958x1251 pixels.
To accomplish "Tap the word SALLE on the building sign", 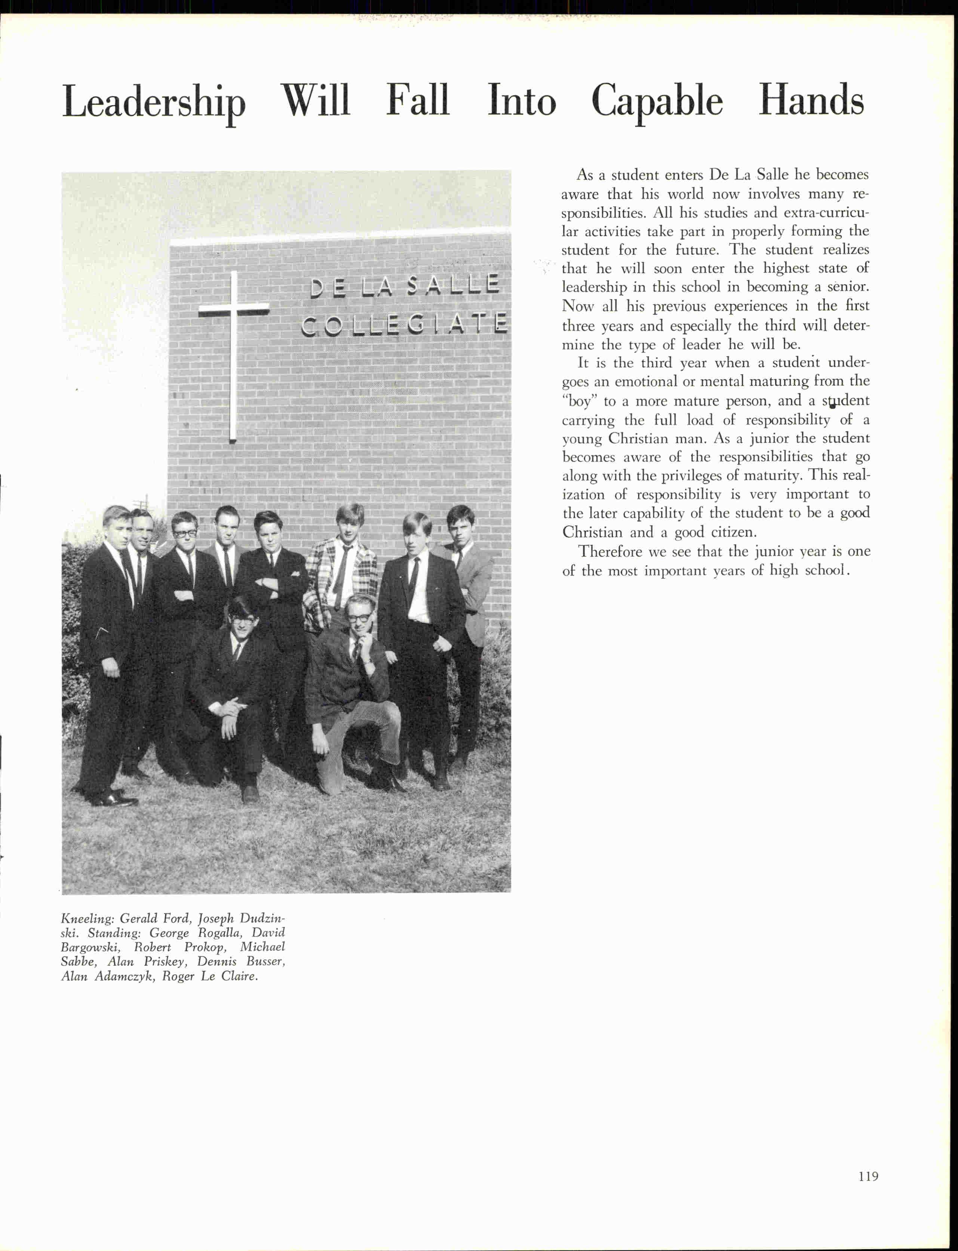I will pos(453,284).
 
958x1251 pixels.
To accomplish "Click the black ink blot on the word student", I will pos(832,405).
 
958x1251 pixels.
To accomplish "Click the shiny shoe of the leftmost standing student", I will pos(117,800).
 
